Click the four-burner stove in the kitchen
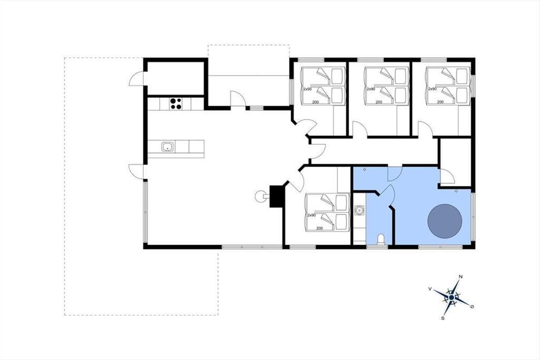click(x=176, y=104)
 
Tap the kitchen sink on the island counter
click(x=167, y=147)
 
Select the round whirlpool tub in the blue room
click(x=445, y=221)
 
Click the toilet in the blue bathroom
click(x=381, y=239)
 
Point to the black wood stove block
click(x=277, y=196)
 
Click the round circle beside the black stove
click(x=261, y=197)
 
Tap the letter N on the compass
click(x=460, y=277)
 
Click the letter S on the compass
click(x=443, y=318)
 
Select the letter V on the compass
click(x=430, y=289)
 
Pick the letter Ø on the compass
click(x=472, y=306)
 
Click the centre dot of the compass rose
click(x=451, y=297)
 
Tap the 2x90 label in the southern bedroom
click(x=311, y=215)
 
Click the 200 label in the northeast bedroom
click(x=441, y=102)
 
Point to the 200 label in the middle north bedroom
click(x=379, y=102)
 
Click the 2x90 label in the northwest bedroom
click(x=308, y=89)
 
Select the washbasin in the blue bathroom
click(x=359, y=210)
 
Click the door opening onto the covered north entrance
click(x=238, y=99)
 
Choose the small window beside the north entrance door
click(x=256, y=108)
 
